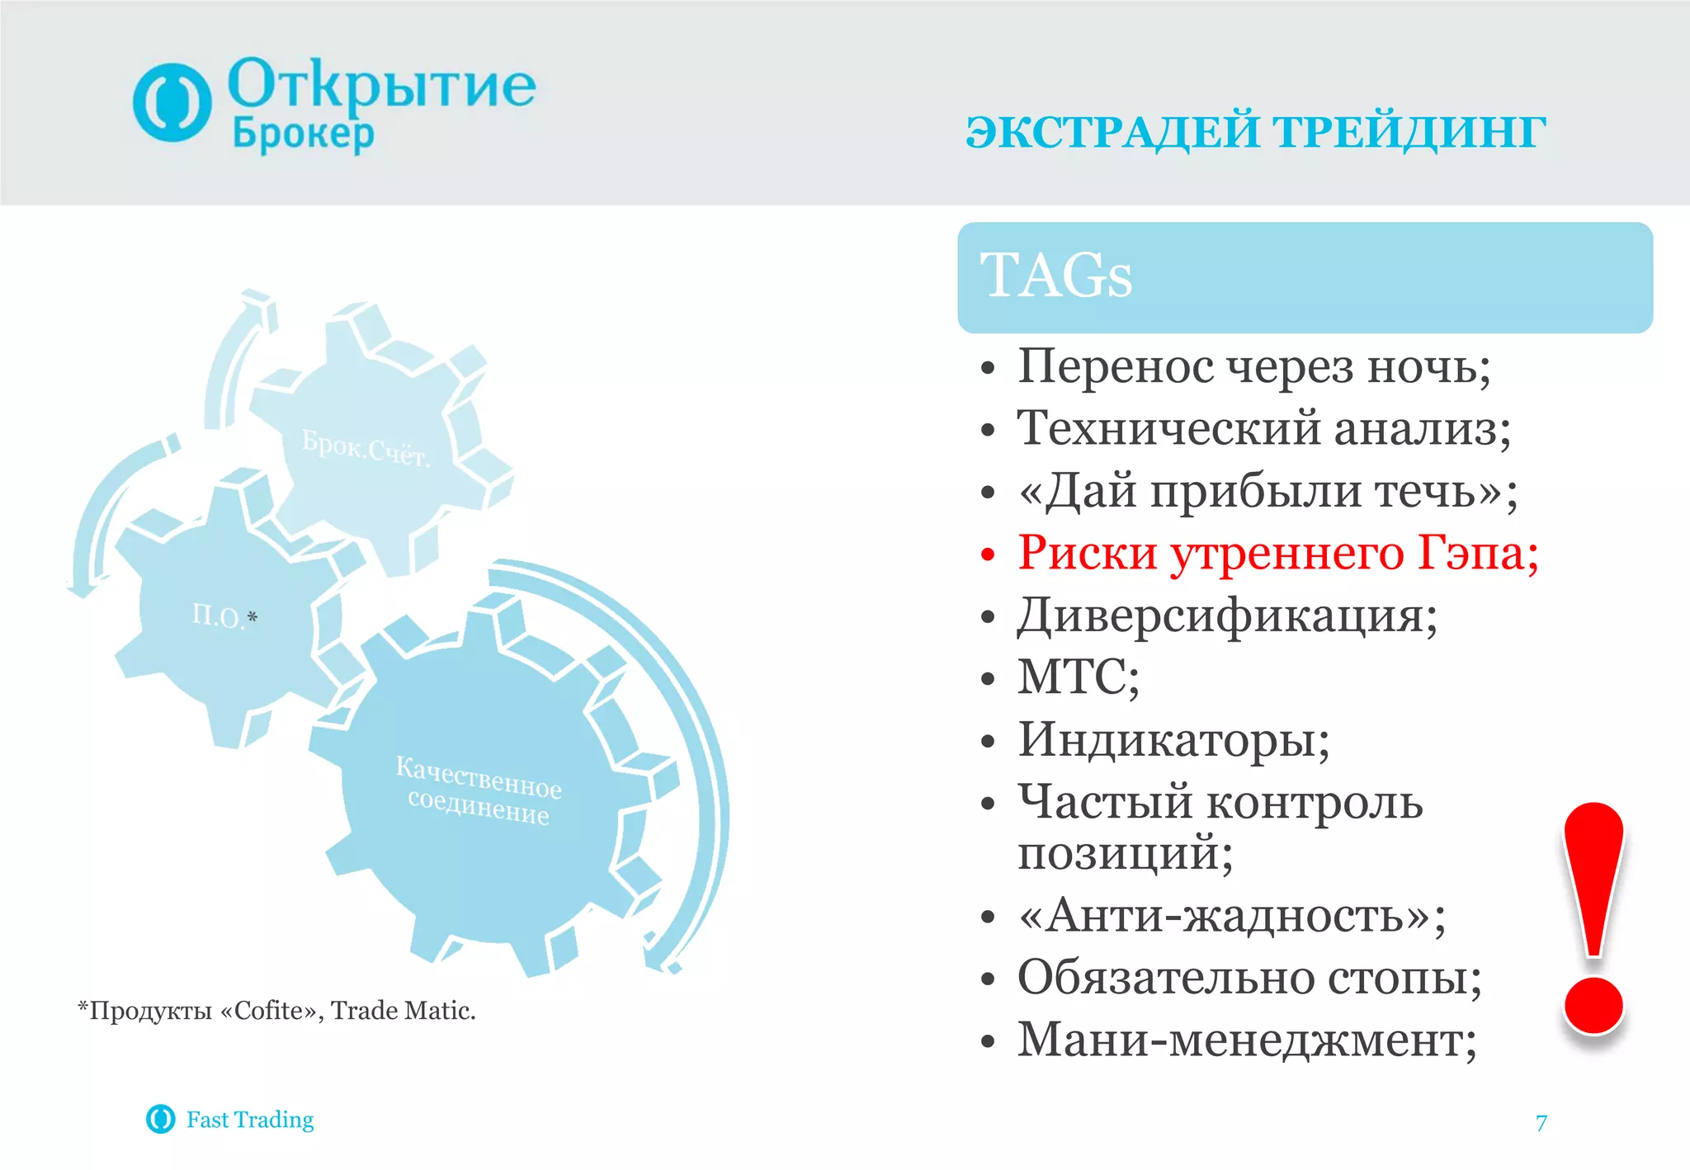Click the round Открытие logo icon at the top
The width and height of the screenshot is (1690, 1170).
click(x=172, y=102)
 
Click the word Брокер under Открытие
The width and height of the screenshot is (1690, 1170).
click(x=303, y=134)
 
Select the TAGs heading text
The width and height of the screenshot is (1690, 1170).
click(x=1055, y=276)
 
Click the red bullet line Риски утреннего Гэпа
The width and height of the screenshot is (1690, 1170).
click(x=1277, y=553)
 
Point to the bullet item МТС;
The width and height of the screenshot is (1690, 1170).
click(x=1078, y=677)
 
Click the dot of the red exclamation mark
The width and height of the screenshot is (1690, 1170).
click(x=1593, y=1005)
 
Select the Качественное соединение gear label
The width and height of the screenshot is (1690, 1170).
click(x=479, y=790)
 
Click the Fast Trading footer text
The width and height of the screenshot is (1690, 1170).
click(x=249, y=1120)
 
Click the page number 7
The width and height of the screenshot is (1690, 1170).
click(x=1541, y=1123)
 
